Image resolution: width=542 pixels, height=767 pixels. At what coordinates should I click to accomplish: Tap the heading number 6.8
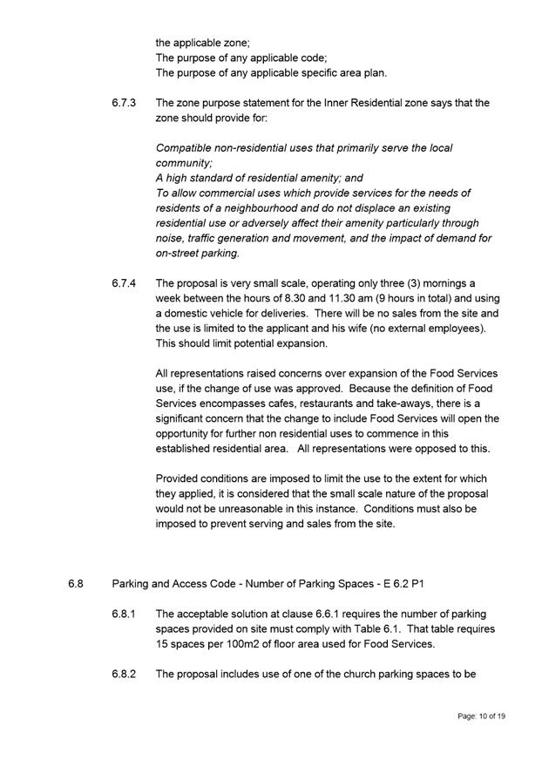pyautogui.click(x=76, y=584)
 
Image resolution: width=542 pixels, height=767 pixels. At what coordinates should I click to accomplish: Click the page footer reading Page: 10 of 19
pyautogui.click(x=481, y=716)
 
